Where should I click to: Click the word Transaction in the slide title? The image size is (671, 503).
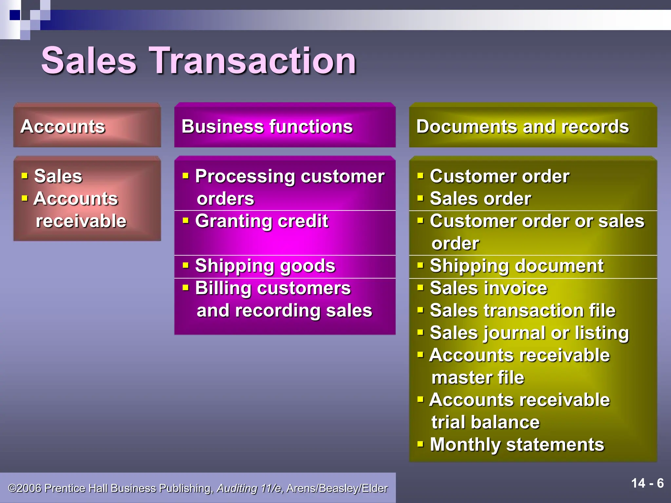click(252, 61)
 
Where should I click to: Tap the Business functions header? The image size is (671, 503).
click(284, 126)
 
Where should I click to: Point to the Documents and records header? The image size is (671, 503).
click(533, 126)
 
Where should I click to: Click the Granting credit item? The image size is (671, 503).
click(261, 221)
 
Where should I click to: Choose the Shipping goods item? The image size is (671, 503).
click(265, 266)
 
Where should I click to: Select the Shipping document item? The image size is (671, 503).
click(516, 266)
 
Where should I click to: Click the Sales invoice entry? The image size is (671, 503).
click(488, 288)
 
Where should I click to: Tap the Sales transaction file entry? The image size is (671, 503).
click(523, 310)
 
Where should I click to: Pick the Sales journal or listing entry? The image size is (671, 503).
click(529, 333)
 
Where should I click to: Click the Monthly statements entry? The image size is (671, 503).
click(517, 445)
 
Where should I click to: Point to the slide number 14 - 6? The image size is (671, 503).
click(647, 483)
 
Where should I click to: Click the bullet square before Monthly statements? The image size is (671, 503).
click(420, 444)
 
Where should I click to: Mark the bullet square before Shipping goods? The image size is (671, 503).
click(186, 265)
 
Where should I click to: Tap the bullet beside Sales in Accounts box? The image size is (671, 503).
click(25, 176)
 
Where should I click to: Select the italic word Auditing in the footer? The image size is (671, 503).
click(237, 488)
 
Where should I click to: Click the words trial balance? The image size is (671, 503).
click(485, 422)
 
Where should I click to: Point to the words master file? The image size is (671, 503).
click(478, 378)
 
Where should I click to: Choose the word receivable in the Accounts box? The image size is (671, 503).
click(81, 221)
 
